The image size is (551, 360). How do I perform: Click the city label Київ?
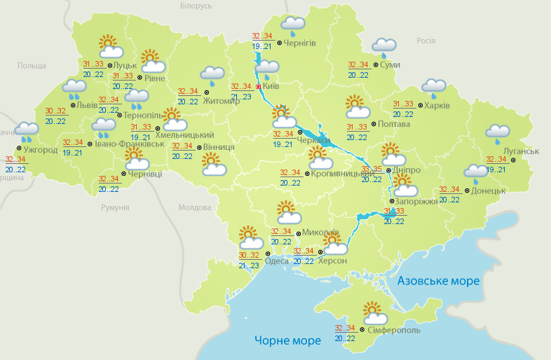point(271,88)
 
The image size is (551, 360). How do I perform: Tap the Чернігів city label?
point(300,43)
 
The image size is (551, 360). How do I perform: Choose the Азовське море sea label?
point(438,281)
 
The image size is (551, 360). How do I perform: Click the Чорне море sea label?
point(287,340)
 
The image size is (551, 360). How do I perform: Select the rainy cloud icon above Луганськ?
point(498,133)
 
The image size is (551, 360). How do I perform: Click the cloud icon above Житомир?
point(212,75)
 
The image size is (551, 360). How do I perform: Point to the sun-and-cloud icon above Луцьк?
point(110,46)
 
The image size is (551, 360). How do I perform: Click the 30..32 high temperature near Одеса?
point(248,255)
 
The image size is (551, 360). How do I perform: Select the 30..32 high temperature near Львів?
point(55,111)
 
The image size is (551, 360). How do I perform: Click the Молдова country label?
point(194,208)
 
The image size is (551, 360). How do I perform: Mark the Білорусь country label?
point(196,6)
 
